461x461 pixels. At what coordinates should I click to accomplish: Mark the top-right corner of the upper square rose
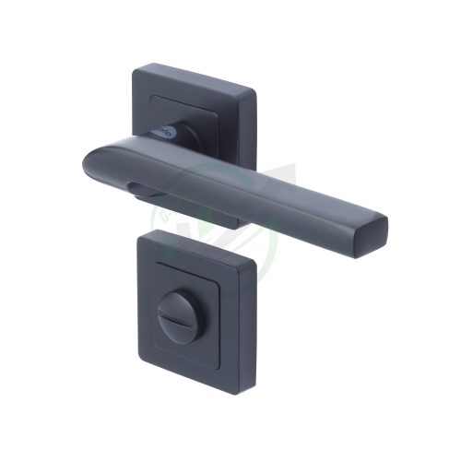point(253,86)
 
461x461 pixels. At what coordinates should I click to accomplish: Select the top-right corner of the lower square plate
point(255,263)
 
